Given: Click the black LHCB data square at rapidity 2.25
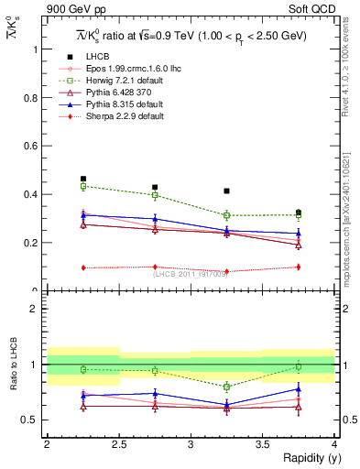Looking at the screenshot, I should (83, 180).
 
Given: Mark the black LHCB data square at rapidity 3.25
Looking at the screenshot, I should (226, 191).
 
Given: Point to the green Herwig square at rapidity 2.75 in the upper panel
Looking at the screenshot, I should (155, 195).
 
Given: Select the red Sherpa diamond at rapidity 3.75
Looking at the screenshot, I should (298, 267).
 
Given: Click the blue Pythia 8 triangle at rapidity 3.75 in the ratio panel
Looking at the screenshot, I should (298, 389).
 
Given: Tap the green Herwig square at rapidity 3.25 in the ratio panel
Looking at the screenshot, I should (226, 387).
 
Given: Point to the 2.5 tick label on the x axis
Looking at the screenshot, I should (118, 444).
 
